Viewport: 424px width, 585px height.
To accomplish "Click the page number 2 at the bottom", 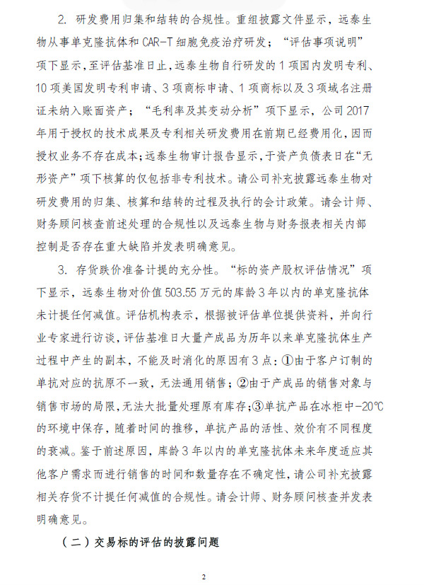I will click(x=204, y=577).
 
